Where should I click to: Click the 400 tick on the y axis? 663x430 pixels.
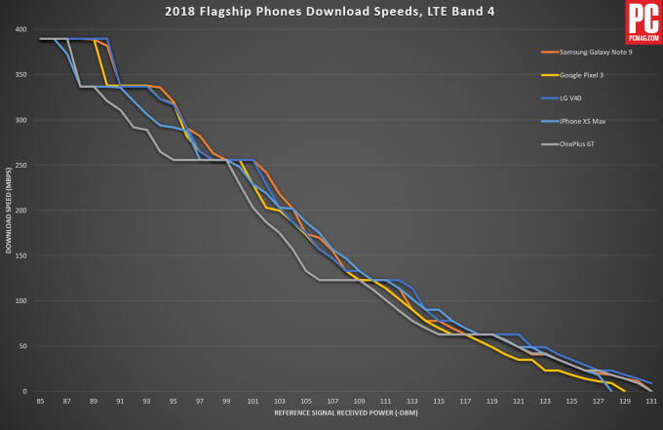[x=20, y=29]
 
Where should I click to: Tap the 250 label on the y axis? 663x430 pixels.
[x=20, y=165]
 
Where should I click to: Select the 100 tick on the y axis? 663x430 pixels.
[x=20, y=300]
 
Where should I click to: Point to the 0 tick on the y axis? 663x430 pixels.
[x=24, y=391]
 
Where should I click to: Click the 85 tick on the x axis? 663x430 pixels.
[x=40, y=401]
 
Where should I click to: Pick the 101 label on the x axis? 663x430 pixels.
[x=253, y=401]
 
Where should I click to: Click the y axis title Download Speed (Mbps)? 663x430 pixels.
[x=8, y=210]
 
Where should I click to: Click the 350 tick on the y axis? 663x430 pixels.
[x=20, y=74]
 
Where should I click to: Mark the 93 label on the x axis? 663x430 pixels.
[x=146, y=401]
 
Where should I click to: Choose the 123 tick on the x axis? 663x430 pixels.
[x=544, y=401]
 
